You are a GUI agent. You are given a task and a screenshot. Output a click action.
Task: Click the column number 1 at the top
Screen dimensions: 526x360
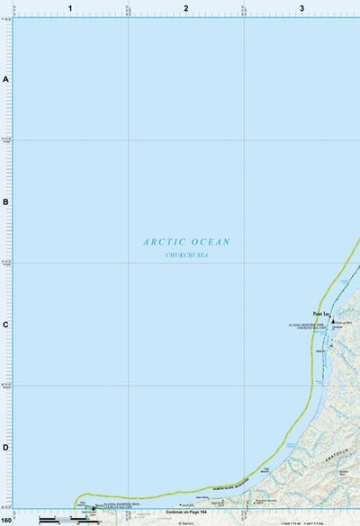pyautogui.click(x=69, y=8)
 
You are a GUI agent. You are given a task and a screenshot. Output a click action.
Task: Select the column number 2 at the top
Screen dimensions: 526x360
pyautogui.click(x=185, y=8)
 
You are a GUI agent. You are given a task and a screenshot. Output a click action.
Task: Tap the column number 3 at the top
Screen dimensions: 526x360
pyautogui.click(x=301, y=8)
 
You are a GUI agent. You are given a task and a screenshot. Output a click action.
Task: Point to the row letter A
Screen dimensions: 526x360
pyautogui.click(x=5, y=80)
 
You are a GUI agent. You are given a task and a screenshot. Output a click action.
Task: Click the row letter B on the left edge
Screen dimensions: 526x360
pyautogui.click(x=5, y=201)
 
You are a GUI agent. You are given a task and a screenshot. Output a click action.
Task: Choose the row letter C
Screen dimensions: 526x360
pyautogui.click(x=5, y=325)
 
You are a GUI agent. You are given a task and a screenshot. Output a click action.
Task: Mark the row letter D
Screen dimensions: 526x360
pyautogui.click(x=5, y=447)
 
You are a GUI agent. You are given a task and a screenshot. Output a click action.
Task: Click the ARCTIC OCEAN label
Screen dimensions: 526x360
pyautogui.click(x=186, y=242)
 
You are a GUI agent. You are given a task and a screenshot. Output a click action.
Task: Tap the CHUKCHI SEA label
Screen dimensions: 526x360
pyautogui.click(x=186, y=255)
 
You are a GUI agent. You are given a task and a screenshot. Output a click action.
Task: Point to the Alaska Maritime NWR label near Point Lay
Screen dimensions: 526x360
pyautogui.click(x=310, y=325)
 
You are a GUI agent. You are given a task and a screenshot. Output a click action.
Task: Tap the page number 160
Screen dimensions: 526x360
pyautogui.click(x=7, y=521)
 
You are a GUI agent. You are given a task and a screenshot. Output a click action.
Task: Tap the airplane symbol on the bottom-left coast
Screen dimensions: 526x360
pyautogui.click(x=92, y=508)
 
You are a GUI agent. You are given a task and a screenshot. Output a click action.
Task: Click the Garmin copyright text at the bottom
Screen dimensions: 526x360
pyautogui.click(x=186, y=522)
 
